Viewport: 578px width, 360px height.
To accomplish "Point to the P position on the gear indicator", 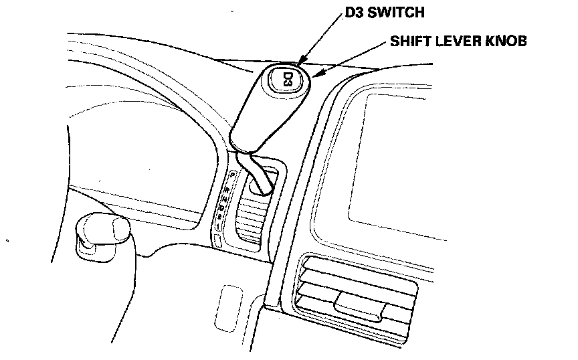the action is (231, 175).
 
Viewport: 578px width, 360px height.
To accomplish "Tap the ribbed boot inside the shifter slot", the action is (254, 217).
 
